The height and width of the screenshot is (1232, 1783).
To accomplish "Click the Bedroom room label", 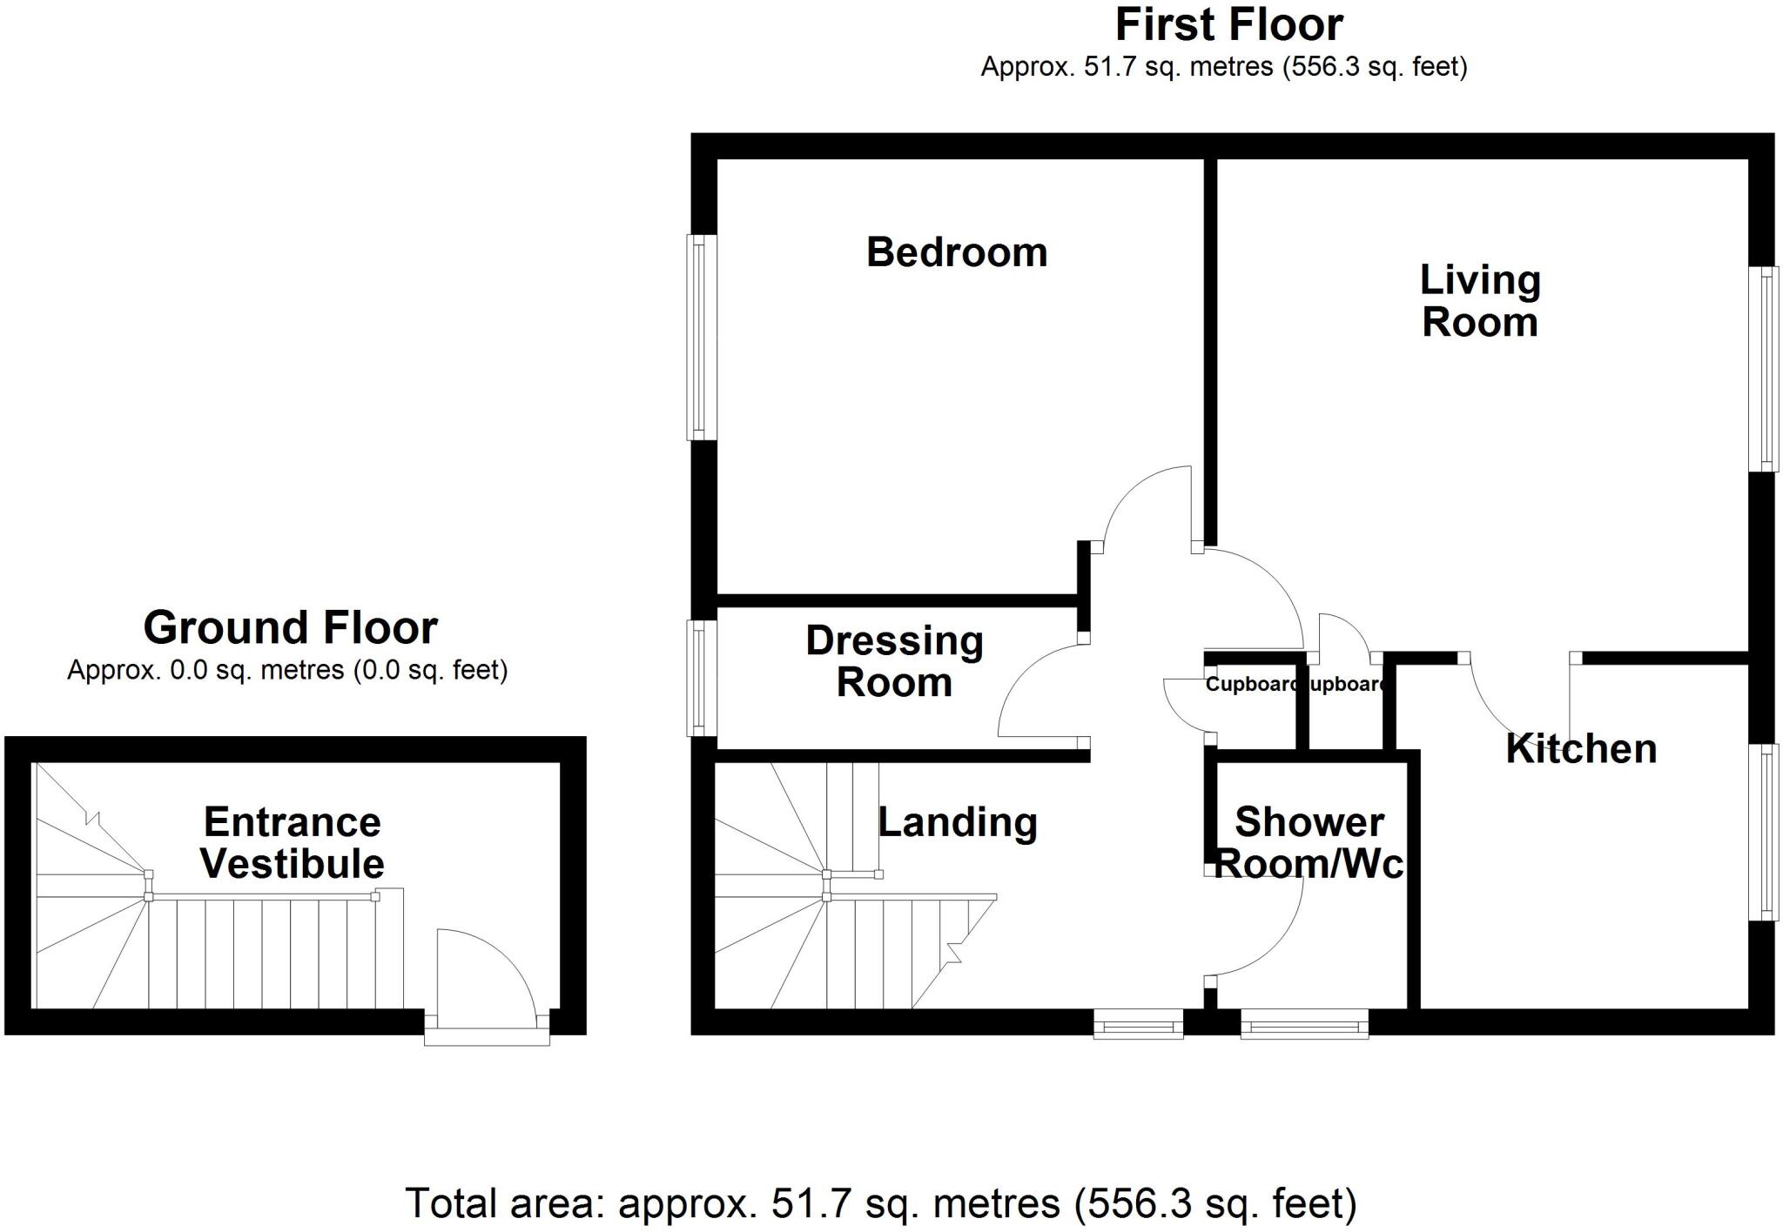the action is click(957, 252).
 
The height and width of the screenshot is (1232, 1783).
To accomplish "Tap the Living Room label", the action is click(1480, 301).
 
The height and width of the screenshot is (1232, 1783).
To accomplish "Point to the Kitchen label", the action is click(1581, 749).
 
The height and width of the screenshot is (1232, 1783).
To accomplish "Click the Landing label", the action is click(958, 822).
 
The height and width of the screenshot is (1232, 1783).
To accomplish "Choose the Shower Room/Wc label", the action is click(1309, 843).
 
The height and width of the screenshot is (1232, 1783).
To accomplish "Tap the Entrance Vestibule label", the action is click(293, 843).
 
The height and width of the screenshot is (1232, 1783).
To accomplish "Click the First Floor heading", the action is click(1228, 24).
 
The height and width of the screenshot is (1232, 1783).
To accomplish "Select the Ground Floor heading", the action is click(290, 627).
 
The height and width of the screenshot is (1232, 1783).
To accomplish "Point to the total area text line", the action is click(881, 1204).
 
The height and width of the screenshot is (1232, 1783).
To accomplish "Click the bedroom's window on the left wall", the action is click(700, 338).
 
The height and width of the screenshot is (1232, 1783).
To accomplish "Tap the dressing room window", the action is click(700, 678).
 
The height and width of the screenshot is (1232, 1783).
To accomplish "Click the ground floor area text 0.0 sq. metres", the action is click(287, 670).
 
